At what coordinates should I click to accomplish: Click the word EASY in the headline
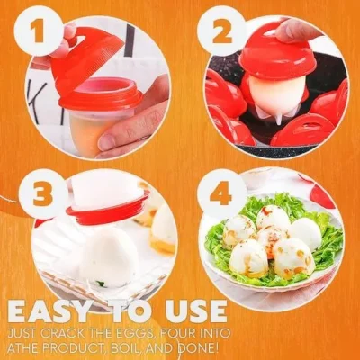point(63,309)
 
